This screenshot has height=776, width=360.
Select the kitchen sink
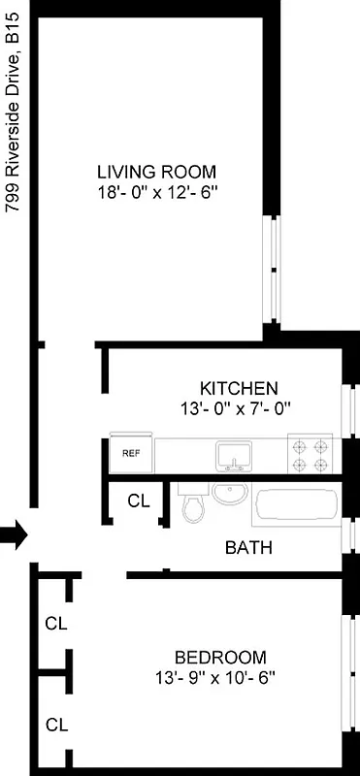(x=234, y=453)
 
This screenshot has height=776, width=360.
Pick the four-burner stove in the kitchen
(x=311, y=454)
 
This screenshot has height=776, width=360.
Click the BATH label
(x=248, y=548)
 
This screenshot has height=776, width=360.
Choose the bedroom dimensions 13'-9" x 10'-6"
(x=214, y=677)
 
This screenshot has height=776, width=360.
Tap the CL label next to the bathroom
(x=138, y=501)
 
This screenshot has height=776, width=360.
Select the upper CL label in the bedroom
(x=56, y=624)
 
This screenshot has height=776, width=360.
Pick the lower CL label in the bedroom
(x=56, y=724)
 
